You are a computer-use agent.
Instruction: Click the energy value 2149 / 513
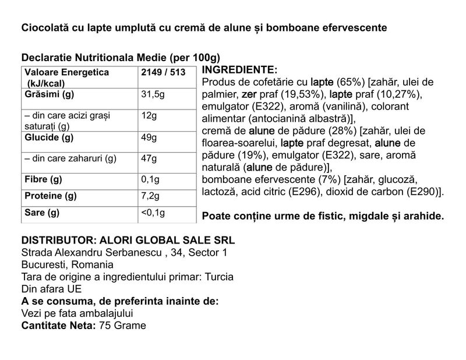(x=164, y=72)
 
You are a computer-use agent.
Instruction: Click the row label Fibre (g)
(x=43, y=178)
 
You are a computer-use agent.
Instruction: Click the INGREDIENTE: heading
(x=239, y=69)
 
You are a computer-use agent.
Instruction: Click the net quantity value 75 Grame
(x=122, y=325)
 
